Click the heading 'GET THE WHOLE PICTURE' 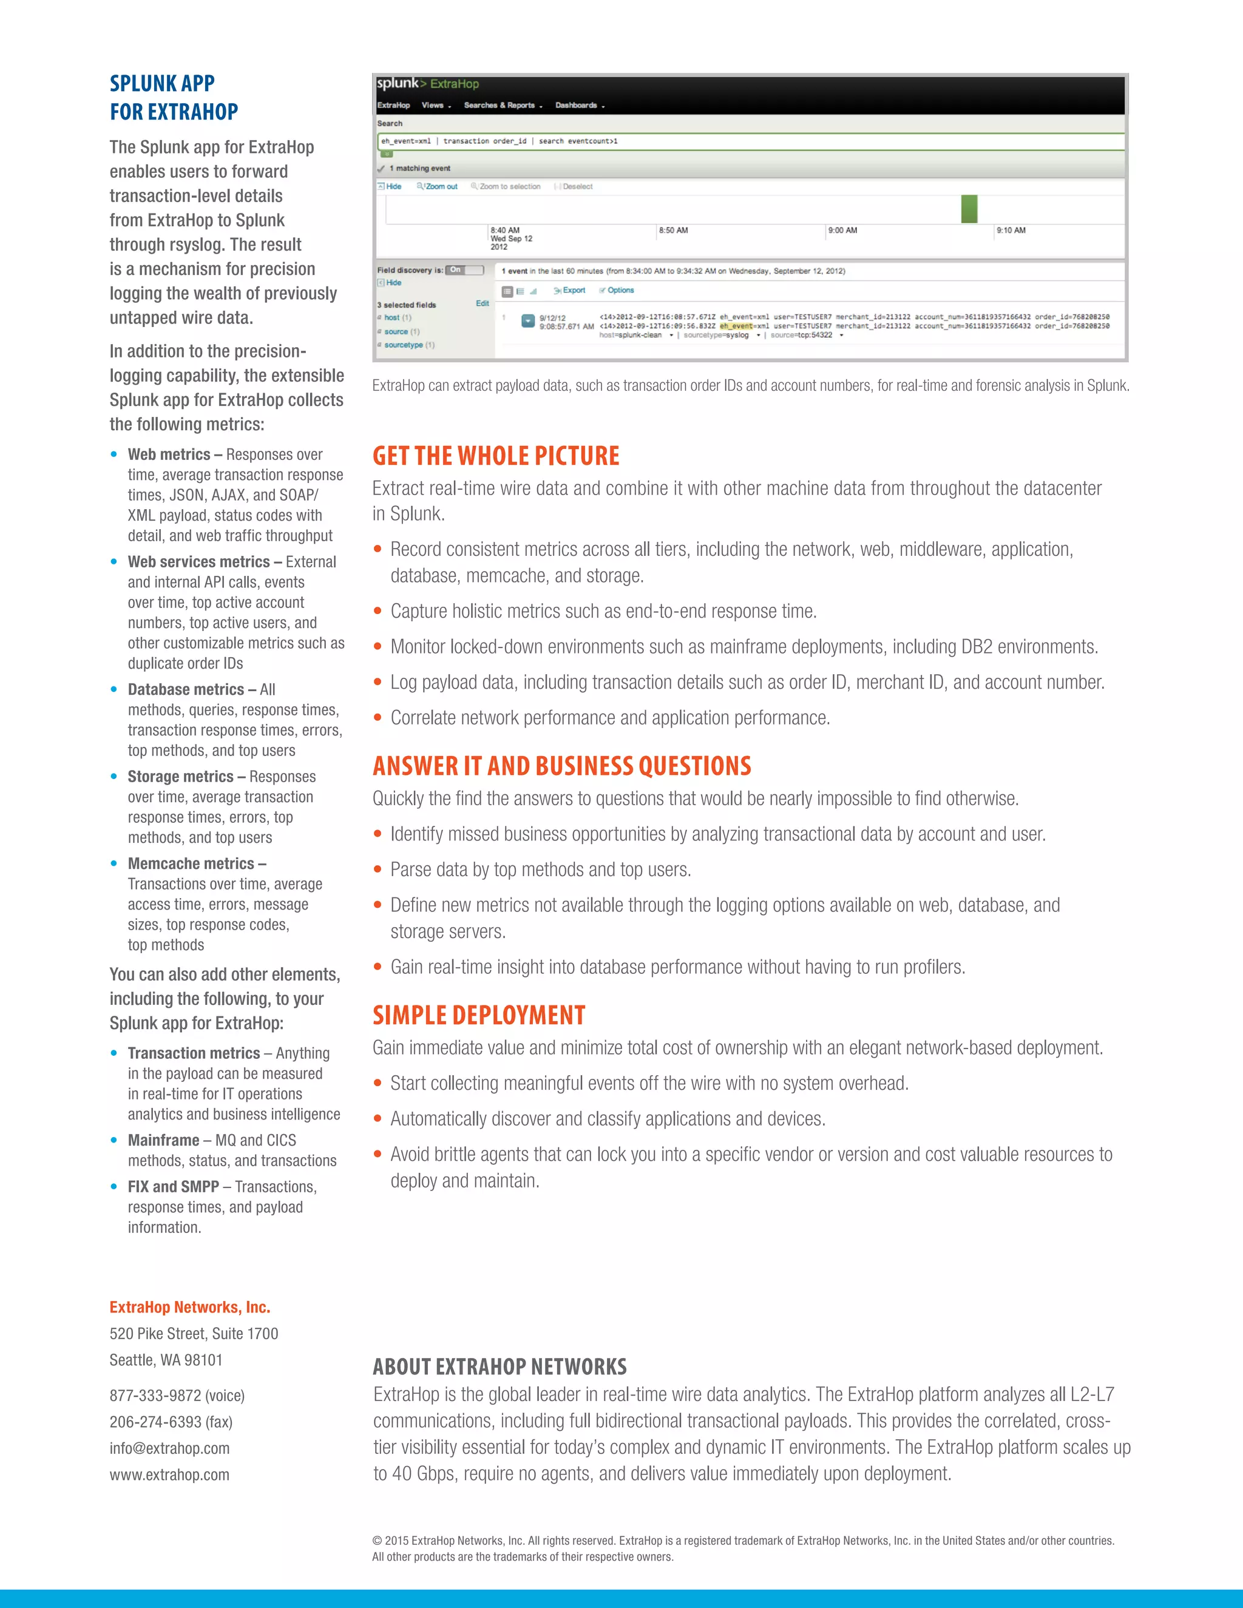point(496,456)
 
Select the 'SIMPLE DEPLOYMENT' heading point(479,1015)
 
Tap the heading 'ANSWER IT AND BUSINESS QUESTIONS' point(561,766)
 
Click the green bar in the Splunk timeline point(969,209)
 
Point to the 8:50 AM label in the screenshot point(673,231)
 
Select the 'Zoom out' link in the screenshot point(439,187)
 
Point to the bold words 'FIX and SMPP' point(173,1187)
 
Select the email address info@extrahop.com point(169,1448)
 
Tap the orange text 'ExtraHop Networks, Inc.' point(190,1308)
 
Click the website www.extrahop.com point(169,1475)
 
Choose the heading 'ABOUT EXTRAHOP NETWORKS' point(500,1367)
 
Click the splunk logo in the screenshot point(397,83)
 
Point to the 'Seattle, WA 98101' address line point(166,1360)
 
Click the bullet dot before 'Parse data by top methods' point(378,870)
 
